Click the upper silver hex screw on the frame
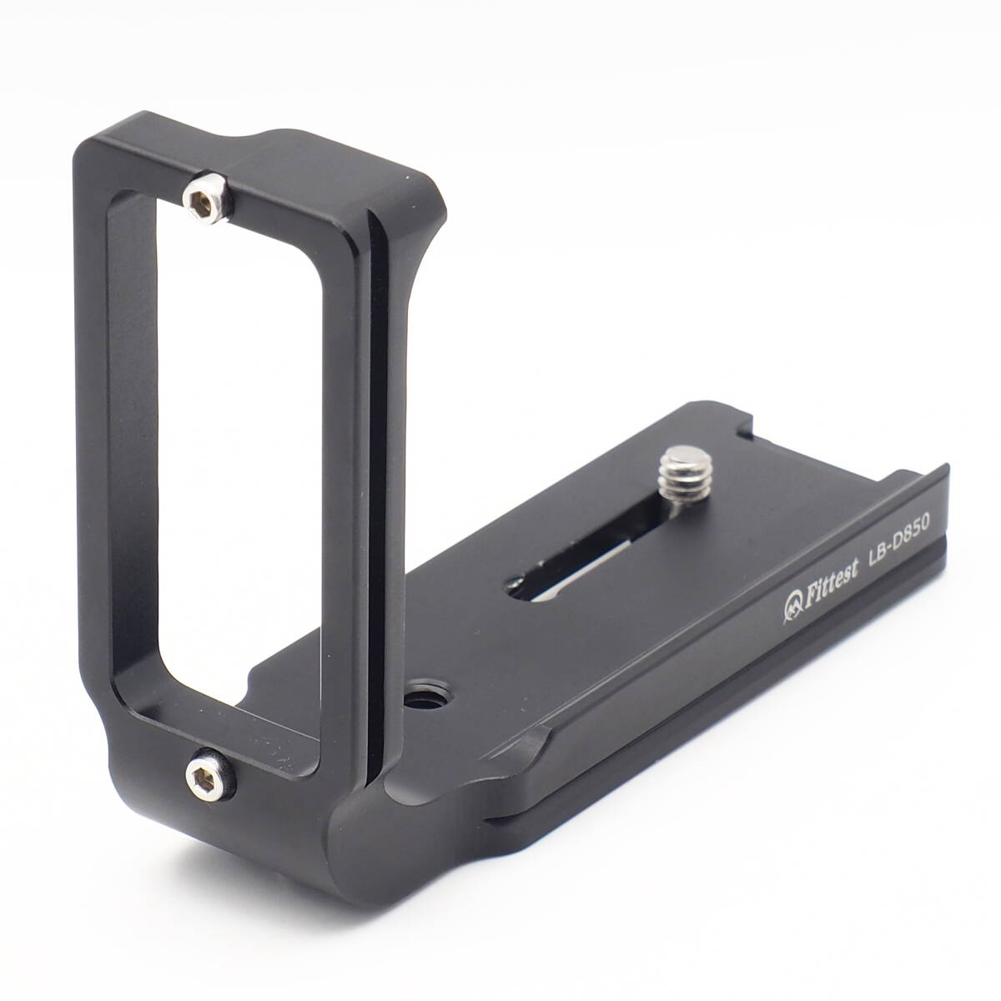(206, 198)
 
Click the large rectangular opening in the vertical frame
(239, 457)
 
